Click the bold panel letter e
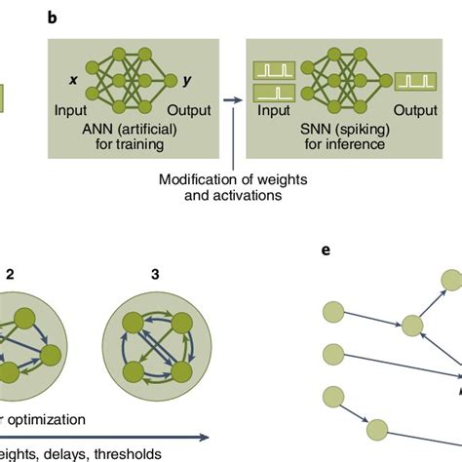coord(328,250)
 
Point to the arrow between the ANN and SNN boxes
coord(232,99)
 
